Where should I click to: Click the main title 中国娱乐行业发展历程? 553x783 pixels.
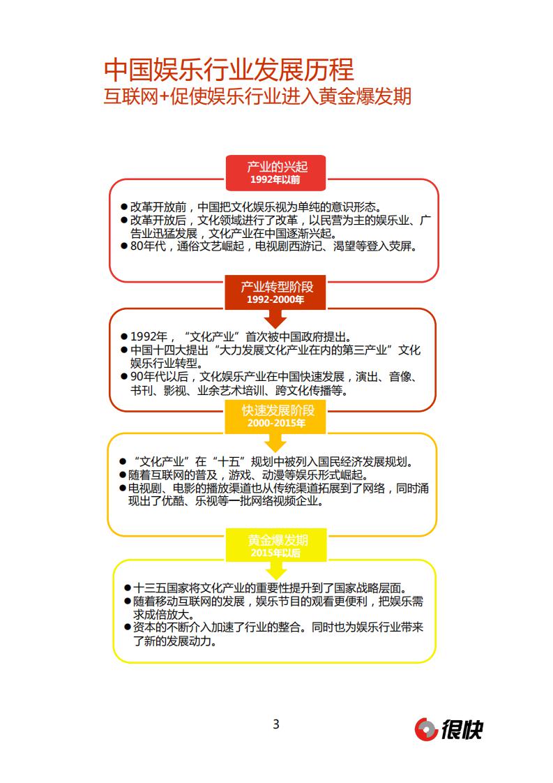tap(229, 70)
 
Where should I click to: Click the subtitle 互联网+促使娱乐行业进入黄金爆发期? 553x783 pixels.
tap(257, 96)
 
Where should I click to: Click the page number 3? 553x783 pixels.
tap(276, 724)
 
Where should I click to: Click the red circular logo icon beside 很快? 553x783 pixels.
tap(426, 729)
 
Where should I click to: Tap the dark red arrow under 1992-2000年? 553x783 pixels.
tap(276, 320)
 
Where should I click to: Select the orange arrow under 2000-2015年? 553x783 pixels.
tap(276, 443)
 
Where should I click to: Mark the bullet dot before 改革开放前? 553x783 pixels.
tap(124, 207)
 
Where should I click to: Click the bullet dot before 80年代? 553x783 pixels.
tap(124, 246)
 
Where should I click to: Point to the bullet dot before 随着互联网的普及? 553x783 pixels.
tap(124, 475)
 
